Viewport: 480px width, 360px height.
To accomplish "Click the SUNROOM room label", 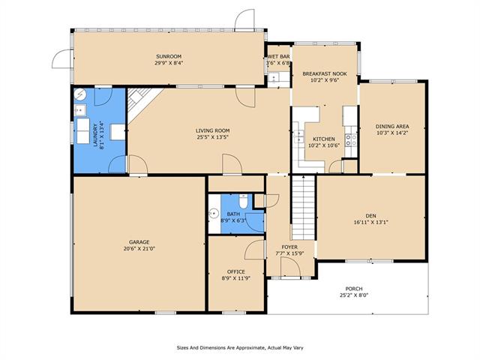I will (x=168, y=56).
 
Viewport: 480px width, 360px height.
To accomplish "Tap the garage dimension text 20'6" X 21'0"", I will (x=139, y=248).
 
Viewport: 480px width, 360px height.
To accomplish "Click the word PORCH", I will (x=354, y=288).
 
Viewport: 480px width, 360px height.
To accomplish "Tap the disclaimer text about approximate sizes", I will (x=240, y=347).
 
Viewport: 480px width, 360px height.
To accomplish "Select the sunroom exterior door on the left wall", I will (x=61, y=56).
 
